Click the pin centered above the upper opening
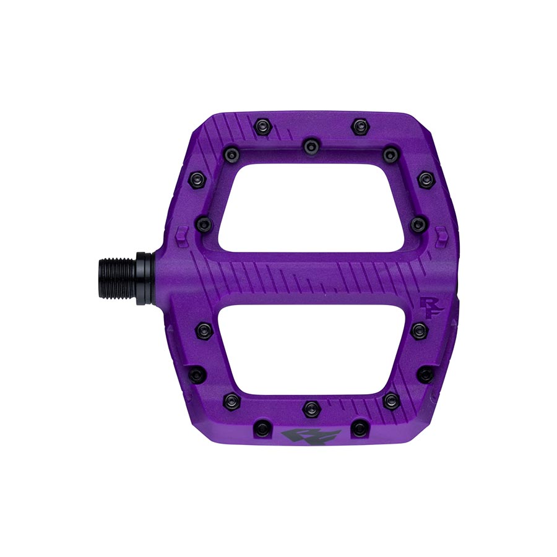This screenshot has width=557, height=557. (309, 145)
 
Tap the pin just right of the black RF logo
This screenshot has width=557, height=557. (360, 427)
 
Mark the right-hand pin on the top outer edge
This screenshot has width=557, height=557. (360, 126)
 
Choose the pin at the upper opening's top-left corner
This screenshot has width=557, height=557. (230, 153)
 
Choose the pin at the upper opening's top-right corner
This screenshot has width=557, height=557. (389, 153)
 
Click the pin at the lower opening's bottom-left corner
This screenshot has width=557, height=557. (230, 400)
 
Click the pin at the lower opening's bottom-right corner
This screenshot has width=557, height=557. (389, 400)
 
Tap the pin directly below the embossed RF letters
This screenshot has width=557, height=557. (418, 329)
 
